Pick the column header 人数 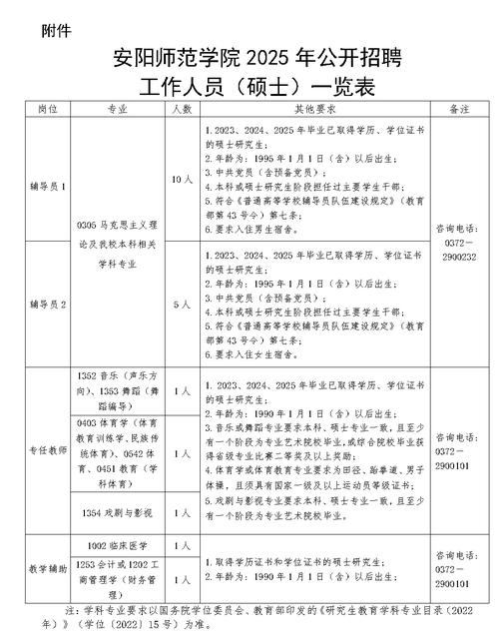pyautogui.click(x=181, y=107)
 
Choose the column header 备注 pyautogui.click(x=460, y=107)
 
